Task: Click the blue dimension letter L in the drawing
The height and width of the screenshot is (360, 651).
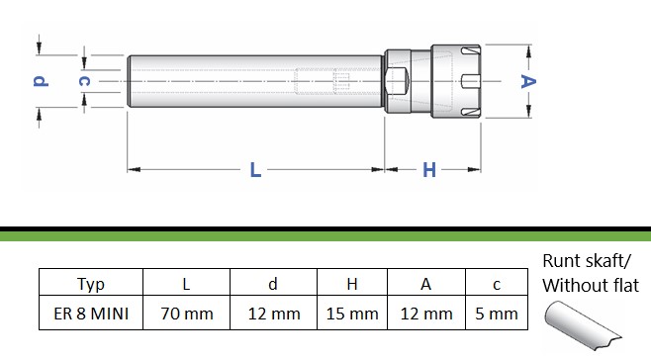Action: pyautogui.click(x=255, y=170)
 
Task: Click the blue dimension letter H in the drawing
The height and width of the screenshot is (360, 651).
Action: pyautogui.click(x=429, y=170)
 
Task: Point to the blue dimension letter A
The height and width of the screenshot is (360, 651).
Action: pyautogui.click(x=528, y=81)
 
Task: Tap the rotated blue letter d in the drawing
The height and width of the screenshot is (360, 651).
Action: pyautogui.click(x=41, y=80)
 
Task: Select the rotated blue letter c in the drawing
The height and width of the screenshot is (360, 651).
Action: pyautogui.click(x=85, y=81)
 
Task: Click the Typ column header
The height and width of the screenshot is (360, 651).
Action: pyautogui.click(x=91, y=283)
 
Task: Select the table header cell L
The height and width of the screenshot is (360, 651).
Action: pyautogui.click(x=186, y=283)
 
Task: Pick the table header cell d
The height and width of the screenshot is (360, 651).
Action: pyautogui.click(x=273, y=283)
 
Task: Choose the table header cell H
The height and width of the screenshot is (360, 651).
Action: pyautogui.click(x=352, y=283)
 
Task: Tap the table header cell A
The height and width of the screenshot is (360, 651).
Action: pyautogui.click(x=426, y=283)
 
